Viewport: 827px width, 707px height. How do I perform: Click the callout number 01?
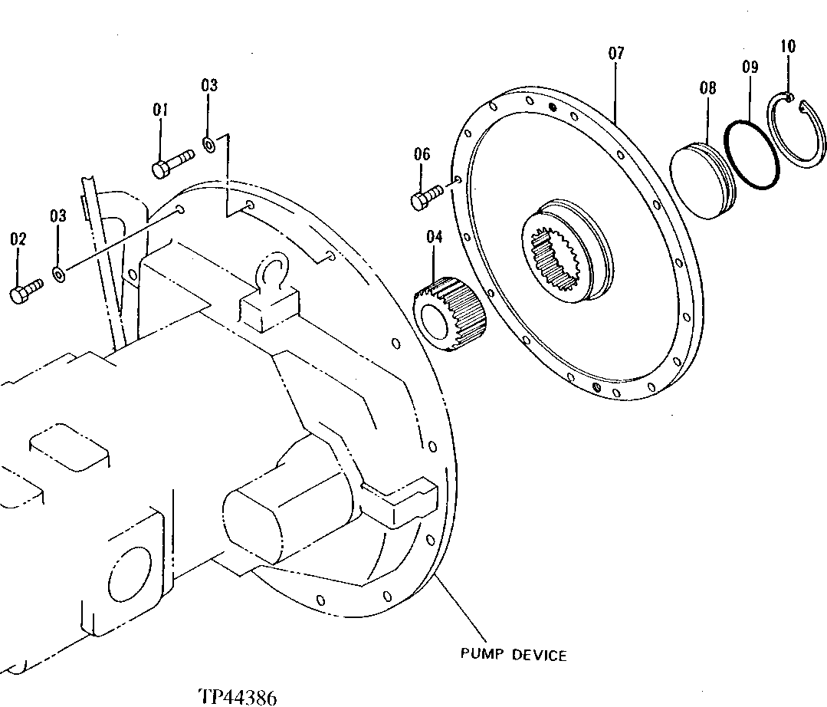coord(159,110)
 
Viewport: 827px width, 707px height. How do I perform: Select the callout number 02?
coord(18,240)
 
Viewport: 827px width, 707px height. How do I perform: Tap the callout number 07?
coord(616,53)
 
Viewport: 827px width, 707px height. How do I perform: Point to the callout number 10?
coord(788,46)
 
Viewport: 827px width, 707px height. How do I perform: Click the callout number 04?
coord(435,237)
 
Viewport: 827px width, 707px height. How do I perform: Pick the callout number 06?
coord(422,154)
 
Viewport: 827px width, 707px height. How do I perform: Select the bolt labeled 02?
coord(27,291)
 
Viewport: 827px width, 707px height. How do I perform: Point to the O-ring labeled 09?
coord(753,153)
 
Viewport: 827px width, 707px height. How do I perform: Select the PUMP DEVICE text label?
coord(514,655)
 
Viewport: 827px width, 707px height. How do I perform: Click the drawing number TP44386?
coord(238,696)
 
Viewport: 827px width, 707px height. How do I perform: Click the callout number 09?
coord(750,67)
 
